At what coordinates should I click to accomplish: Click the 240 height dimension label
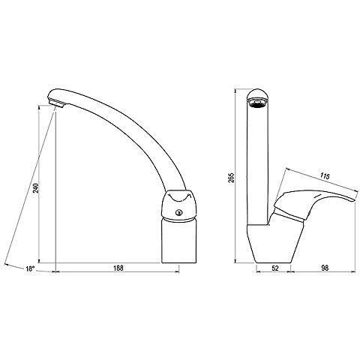pyautogui.click(x=37, y=188)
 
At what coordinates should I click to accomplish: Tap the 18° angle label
pyautogui.click(x=30, y=269)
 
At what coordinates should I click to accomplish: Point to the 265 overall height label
pyautogui.click(x=232, y=178)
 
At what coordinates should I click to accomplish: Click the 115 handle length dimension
pyautogui.click(x=325, y=176)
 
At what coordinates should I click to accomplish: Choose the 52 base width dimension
pyautogui.click(x=275, y=268)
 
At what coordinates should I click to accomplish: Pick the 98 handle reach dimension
pyautogui.click(x=325, y=268)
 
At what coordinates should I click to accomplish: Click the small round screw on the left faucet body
pyautogui.click(x=179, y=213)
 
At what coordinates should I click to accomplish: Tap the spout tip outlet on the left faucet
pyautogui.click(x=57, y=103)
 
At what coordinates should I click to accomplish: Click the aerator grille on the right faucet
pyautogui.click(x=258, y=103)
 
